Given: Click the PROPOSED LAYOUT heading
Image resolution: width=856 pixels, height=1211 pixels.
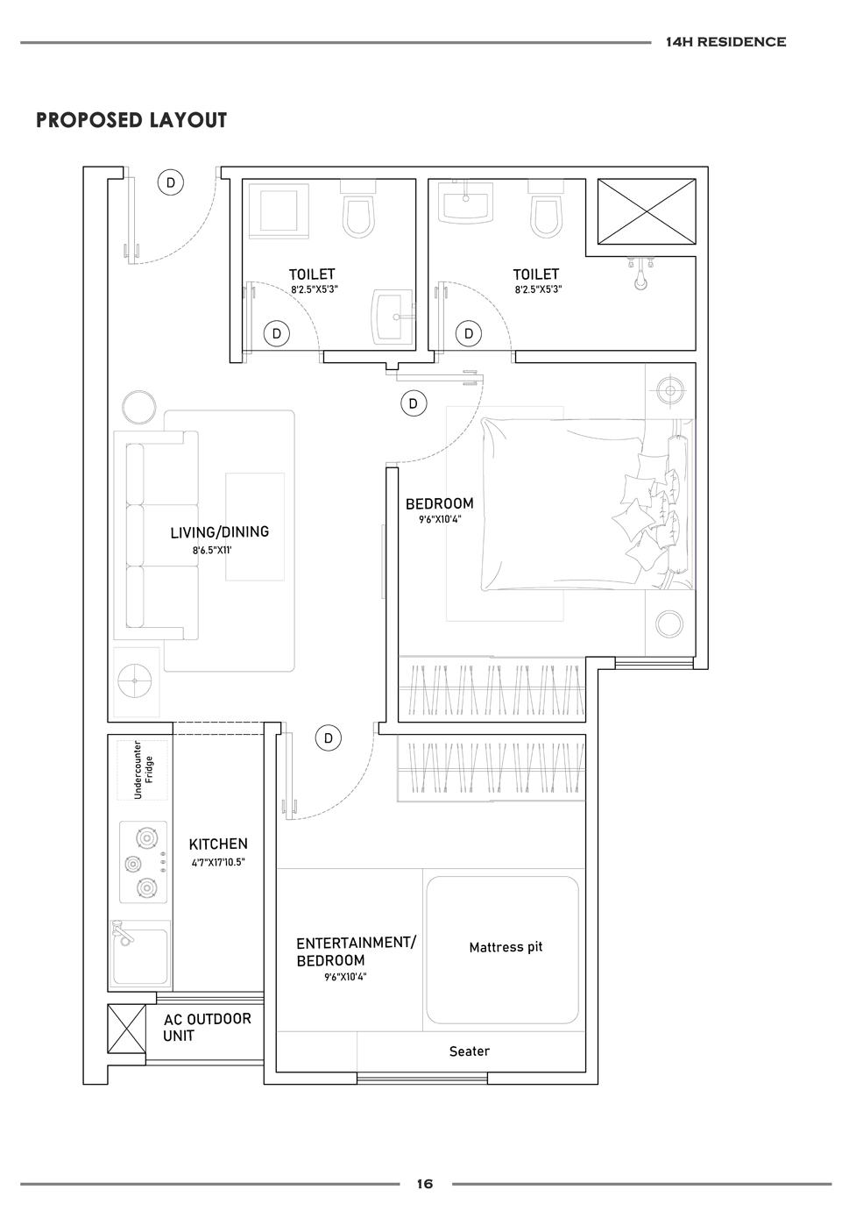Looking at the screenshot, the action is pyautogui.click(x=131, y=120).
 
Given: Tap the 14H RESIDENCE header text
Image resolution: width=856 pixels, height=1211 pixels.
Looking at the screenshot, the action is pyautogui.click(x=725, y=41).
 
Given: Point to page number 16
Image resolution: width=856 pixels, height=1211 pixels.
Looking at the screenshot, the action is pyautogui.click(x=425, y=1184).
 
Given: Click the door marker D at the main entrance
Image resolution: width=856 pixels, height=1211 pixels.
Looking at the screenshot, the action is pyautogui.click(x=171, y=182).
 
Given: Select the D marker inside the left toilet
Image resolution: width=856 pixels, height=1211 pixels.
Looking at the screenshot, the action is pyautogui.click(x=277, y=333).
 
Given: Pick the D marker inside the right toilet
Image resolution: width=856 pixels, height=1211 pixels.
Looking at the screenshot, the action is pyautogui.click(x=469, y=333).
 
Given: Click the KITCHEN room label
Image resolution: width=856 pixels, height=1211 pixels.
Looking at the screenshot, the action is pyautogui.click(x=218, y=844).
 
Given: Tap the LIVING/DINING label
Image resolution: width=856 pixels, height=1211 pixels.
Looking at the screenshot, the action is pyautogui.click(x=220, y=532).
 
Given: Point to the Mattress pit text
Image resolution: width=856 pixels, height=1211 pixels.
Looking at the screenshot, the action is pyautogui.click(x=506, y=947).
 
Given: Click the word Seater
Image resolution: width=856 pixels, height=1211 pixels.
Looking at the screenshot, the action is pyautogui.click(x=470, y=1051).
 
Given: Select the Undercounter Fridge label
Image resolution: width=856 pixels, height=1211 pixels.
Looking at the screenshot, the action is pyautogui.click(x=144, y=770).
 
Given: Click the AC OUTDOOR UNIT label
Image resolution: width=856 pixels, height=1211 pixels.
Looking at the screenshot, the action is pyautogui.click(x=208, y=1027).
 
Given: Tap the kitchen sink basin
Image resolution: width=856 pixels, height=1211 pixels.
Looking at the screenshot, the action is pyautogui.click(x=140, y=954).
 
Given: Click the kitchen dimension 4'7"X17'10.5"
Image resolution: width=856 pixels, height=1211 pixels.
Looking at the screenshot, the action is pyautogui.click(x=218, y=862).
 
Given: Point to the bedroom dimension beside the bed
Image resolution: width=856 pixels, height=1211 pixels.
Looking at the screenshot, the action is pyautogui.click(x=440, y=519).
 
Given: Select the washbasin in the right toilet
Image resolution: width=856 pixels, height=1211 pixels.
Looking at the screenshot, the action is pyautogui.click(x=466, y=202).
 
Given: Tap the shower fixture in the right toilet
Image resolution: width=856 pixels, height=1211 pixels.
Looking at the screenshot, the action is pyautogui.click(x=640, y=274).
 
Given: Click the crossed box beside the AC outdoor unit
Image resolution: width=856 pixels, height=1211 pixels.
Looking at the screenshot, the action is pyautogui.click(x=126, y=1029).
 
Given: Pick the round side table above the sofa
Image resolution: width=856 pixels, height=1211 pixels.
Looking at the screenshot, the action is pyautogui.click(x=138, y=407).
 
